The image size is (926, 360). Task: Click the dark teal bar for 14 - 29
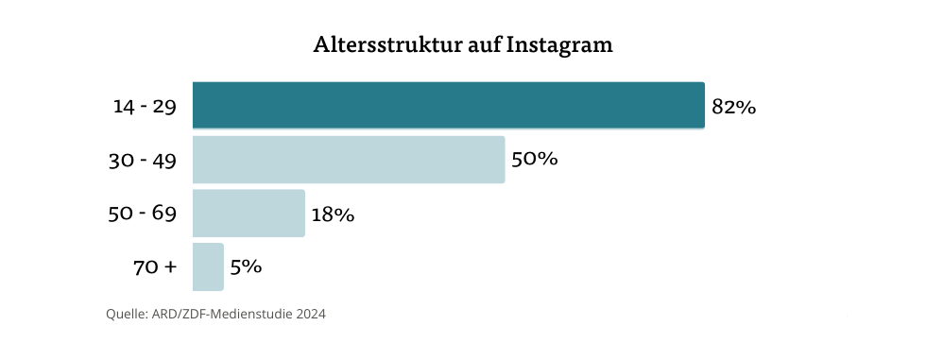click(448, 105)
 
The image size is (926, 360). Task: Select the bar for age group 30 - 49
click(348, 159)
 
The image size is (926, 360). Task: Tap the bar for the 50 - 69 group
click(249, 213)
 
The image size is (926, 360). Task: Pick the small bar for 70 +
click(208, 266)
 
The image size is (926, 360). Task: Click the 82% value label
click(733, 107)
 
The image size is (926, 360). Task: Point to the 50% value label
click(534, 159)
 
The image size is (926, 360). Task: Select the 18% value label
click(333, 214)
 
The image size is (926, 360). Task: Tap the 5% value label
click(246, 266)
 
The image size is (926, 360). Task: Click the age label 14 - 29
click(145, 107)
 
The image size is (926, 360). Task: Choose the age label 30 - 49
click(143, 161)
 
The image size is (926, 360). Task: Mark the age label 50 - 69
click(143, 214)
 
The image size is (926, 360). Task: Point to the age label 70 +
click(155, 267)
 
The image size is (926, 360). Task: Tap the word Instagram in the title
click(559, 45)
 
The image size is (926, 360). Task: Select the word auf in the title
click(484, 45)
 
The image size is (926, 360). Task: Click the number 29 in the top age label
click(164, 107)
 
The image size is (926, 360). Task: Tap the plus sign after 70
click(170, 267)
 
